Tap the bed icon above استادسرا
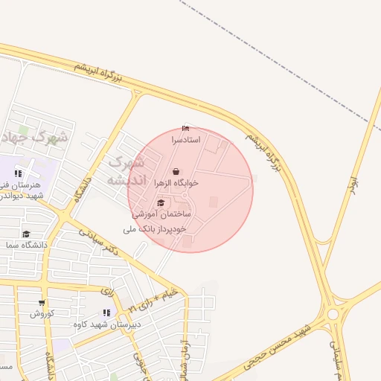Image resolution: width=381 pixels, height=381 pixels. [185, 129]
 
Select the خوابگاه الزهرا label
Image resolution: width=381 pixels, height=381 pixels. [176, 182]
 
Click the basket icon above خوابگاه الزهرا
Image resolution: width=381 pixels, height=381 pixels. [176, 171]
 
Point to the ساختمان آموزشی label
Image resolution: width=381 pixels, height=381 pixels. [162, 214]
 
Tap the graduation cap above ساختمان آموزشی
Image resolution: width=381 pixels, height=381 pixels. [161, 203]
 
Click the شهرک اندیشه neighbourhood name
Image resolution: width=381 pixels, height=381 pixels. [124, 171]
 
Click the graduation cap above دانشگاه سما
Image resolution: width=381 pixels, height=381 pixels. [27, 234]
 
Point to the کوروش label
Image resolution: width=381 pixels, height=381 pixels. [42, 313]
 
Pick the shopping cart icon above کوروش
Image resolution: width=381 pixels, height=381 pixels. [42, 303]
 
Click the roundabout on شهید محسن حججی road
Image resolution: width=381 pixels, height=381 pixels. [333, 314]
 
